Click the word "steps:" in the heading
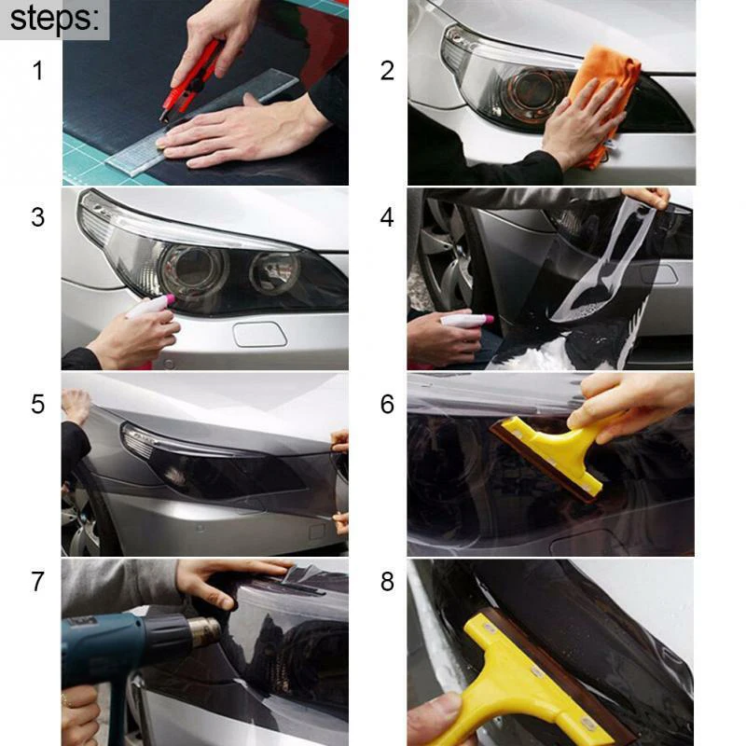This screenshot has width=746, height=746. (54, 19)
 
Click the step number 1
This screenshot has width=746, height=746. (37, 71)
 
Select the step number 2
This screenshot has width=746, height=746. (388, 71)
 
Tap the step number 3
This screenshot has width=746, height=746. (37, 217)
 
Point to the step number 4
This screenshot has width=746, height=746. (388, 217)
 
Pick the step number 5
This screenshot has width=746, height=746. (37, 404)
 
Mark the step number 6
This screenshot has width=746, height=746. (388, 404)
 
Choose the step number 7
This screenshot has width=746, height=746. (37, 581)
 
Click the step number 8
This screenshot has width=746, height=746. (388, 581)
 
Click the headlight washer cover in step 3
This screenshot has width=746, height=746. (259, 334)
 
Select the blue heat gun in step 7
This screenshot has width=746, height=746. (121, 643)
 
